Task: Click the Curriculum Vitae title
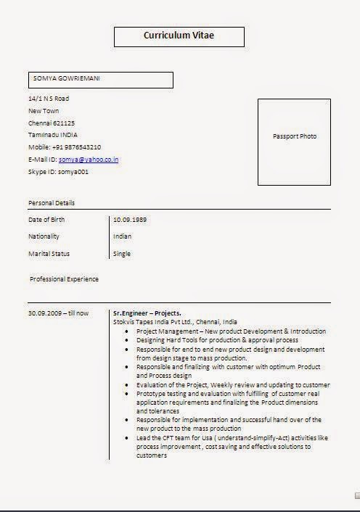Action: pyautogui.click(x=179, y=35)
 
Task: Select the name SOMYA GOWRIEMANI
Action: pyautogui.click(x=67, y=77)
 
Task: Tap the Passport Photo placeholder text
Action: pyautogui.click(x=295, y=136)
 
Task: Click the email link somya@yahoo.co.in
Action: pyautogui.click(x=89, y=160)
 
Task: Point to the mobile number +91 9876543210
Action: pyautogui.click(x=75, y=147)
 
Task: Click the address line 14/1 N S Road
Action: pyautogui.click(x=49, y=98)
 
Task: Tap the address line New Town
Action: pyautogui.click(x=44, y=110)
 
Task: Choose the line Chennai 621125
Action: pyautogui.click(x=52, y=123)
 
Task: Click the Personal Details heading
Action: pyautogui.click(x=52, y=203)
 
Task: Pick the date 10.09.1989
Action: pyautogui.click(x=129, y=219)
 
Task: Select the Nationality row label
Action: pyautogui.click(x=44, y=236)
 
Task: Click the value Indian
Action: pyautogui.click(x=123, y=236)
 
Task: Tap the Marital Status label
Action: pyautogui.click(x=49, y=254)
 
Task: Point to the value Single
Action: pyautogui.click(x=122, y=254)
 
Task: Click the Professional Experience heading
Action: pyautogui.click(x=65, y=278)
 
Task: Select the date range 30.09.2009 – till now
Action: pyautogui.click(x=59, y=313)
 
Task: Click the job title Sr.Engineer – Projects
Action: pyautogui.click(x=147, y=313)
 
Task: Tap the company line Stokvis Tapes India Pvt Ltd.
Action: pyautogui.click(x=175, y=322)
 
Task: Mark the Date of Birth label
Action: pyautogui.click(x=46, y=219)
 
